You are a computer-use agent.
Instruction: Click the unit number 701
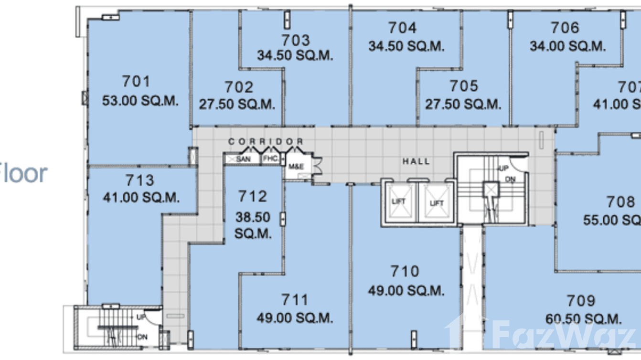[x=136, y=82]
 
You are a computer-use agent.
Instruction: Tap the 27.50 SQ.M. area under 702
[x=237, y=105]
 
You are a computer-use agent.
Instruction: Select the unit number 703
[x=295, y=40]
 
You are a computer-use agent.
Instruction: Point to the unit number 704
[x=402, y=28]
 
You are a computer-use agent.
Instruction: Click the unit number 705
[x=463, y=86]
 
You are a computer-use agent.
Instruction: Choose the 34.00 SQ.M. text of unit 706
[x=567, y=46]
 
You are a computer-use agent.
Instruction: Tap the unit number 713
[x=140, y=180]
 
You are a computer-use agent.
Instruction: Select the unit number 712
[x=252, y=196]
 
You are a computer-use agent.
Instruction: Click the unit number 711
[x=294, y=300]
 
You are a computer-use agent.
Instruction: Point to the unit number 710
[x=405, y=272]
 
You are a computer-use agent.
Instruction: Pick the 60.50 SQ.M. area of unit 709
[x=583, y=319]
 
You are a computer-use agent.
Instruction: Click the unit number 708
[x=620, y=202]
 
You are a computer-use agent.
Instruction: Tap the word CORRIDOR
[x=266, y=141]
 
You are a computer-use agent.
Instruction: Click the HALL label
[x=416, y=161]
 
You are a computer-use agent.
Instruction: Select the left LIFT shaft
[x=399, y=202]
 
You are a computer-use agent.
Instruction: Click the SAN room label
[x=243, y=159]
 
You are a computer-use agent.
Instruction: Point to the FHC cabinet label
[x=270, y=159]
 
